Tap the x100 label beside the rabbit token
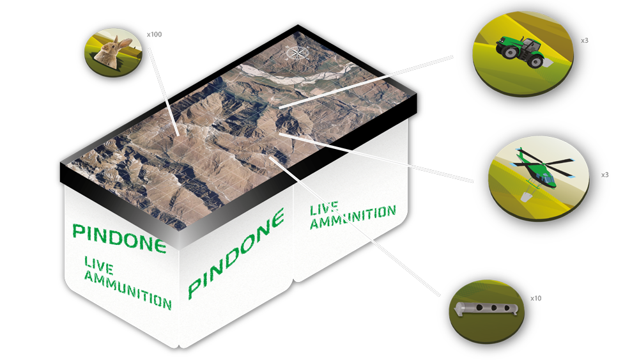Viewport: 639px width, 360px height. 155,35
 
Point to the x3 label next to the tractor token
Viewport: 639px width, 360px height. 585,41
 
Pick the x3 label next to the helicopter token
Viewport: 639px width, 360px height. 604,175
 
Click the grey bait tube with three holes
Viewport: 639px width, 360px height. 486,308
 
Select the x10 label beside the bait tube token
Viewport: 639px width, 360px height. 536,299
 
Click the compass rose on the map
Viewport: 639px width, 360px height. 297,53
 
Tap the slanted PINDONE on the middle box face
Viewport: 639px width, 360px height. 236,253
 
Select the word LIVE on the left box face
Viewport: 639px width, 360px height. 98,265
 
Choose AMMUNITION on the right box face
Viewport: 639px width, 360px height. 353,217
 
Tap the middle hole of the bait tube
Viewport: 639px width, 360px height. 493,308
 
